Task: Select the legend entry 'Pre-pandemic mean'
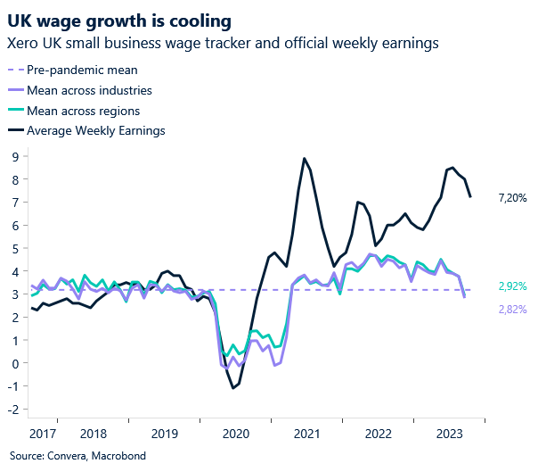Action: (82, 70)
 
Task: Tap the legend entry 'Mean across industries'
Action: (89, 90)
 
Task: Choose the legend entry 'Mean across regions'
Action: (83, 111)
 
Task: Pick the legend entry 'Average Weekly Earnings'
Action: (96, 131)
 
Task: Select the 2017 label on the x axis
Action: (44, 433)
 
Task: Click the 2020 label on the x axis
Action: (236, 433)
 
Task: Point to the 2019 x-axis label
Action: (164, 433)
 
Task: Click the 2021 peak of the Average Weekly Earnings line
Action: (305, 159)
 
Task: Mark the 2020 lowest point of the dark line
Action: (232, 388)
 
